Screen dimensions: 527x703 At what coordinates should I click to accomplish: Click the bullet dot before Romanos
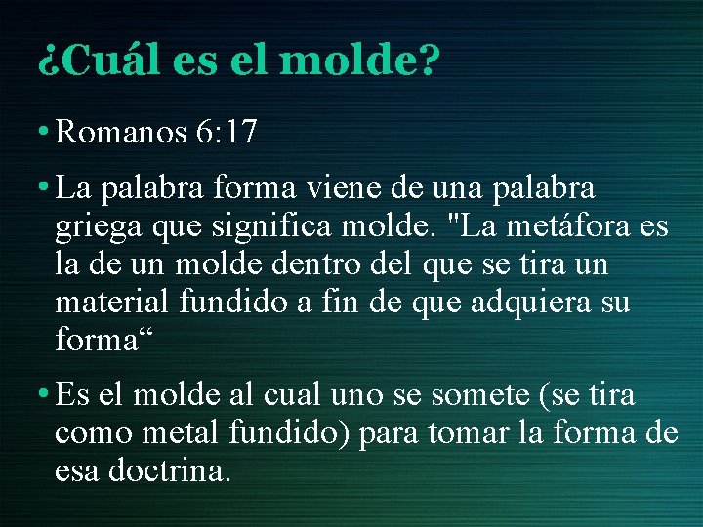[x=45, y=133]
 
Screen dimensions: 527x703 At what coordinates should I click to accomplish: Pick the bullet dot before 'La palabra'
[x=45, y=186]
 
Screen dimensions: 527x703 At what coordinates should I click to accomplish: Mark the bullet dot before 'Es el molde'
[x=45, y=395]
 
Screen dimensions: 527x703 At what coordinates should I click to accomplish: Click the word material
[x=112, y=303]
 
